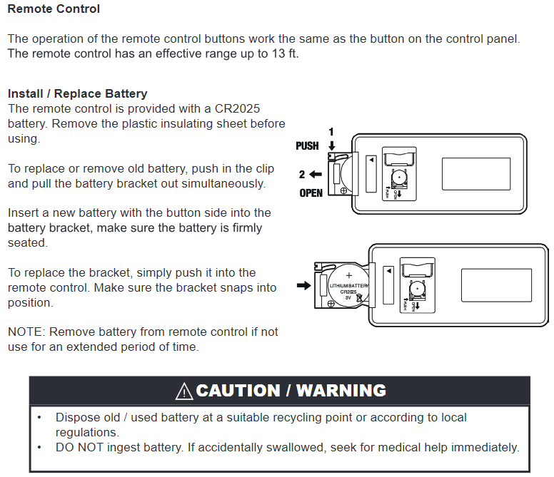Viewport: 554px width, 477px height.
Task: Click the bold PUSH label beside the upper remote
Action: (307, 146)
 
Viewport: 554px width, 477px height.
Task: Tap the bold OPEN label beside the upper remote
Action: (311, 193)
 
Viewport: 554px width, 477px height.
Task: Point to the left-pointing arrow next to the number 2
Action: (316, 173)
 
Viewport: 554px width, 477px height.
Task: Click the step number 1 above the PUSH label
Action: (331, 132)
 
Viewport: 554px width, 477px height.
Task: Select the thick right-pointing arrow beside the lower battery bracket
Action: (303, 286)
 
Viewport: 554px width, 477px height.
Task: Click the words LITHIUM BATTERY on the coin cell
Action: (349, 285)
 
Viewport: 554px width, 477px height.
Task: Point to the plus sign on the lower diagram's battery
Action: (349, 275)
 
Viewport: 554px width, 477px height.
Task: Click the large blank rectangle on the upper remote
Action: (476, 174)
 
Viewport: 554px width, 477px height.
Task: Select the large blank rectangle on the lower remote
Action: (495, 284)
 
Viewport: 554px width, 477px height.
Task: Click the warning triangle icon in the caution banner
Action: (183, 391)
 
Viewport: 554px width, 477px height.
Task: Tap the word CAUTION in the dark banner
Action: (238, 391)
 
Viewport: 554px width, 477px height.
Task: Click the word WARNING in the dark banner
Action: (341, 391)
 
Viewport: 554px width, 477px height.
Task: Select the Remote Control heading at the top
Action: (54, 9)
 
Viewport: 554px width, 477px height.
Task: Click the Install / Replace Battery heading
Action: (77, 93)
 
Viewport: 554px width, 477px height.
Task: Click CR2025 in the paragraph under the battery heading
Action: (236, 108)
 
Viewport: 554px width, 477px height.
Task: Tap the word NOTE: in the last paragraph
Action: (26, 332)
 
